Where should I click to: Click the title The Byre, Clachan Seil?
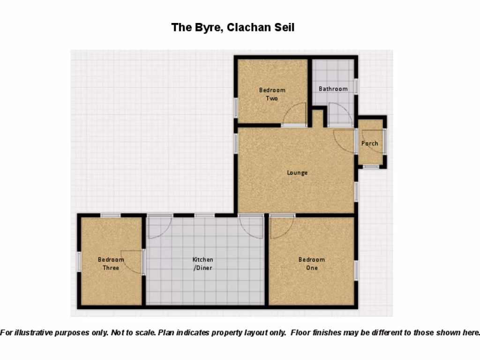tap(233, 27)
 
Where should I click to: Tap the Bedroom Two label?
tap(272, 94)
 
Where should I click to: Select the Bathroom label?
tap(333, 89)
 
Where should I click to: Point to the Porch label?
tap(369, 143)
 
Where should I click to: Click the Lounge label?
tap(297, 172)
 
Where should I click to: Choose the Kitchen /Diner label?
tap(203, 263)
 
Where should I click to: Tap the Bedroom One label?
tap(312, 263)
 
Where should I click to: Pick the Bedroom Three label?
tap(111, 263)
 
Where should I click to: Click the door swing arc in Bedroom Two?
tap(295, 114)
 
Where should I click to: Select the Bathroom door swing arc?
tap(340, 114)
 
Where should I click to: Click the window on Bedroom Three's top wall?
tap(111, 215)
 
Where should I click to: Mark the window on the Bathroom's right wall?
tap(356, 86)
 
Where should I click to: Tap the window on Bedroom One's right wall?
tap(356, 270)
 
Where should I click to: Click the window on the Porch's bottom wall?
tap(371, 166)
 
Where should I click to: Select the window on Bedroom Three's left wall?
tap(79, 262)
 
